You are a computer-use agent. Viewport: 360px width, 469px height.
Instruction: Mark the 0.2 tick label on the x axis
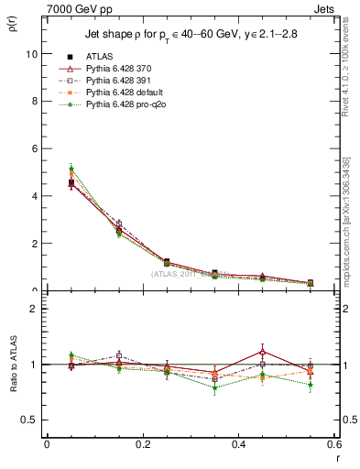click(x=143, y=444)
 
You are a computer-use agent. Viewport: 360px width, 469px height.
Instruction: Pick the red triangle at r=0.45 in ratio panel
click(x=264, y=352)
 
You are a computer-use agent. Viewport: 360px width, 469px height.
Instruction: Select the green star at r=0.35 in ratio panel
click(x=215, y=387)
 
